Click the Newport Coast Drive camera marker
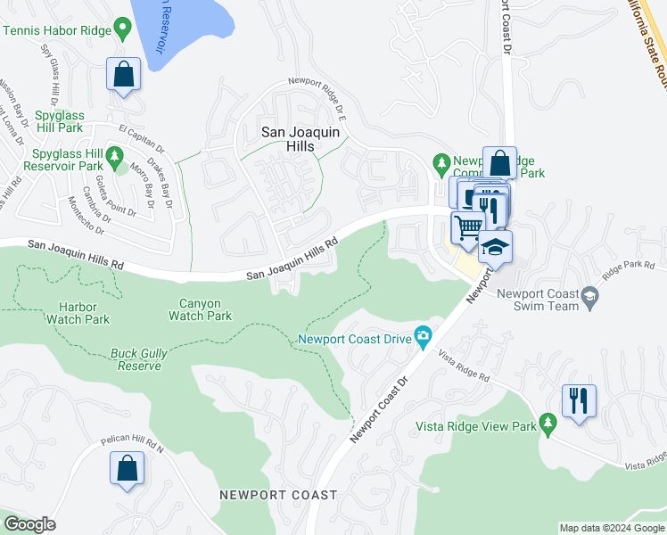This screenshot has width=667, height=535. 423,338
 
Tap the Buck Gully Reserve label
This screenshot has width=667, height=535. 138,359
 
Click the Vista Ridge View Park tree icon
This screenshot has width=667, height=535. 549,427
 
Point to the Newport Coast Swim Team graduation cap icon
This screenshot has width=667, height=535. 589,293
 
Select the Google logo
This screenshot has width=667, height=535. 29,524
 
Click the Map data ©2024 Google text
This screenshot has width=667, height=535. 611,528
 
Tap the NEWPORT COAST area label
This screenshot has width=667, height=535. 279,495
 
